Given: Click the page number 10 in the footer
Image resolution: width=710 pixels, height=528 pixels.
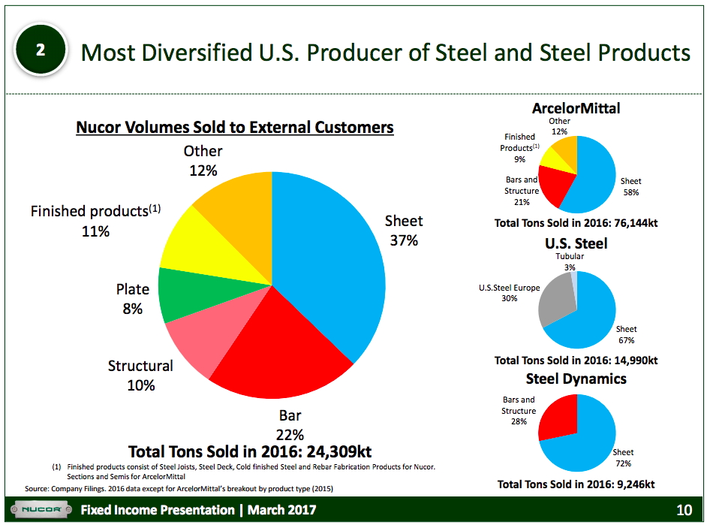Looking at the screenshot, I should click(x=684, y=511).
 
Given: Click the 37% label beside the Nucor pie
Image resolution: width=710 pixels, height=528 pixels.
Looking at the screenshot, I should click(x=404, y=241).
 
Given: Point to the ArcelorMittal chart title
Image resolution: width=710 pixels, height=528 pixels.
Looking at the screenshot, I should click(x=576, y=108).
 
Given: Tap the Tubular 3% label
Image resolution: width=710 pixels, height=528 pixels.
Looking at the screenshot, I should click(x=570, y=261).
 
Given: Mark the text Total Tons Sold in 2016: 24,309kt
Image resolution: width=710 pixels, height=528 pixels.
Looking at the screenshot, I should click(x=250, y=451).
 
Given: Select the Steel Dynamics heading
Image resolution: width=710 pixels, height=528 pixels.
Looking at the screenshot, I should click(x=576, y=379).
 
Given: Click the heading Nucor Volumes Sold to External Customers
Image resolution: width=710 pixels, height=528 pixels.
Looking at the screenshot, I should click(x=234, y=128).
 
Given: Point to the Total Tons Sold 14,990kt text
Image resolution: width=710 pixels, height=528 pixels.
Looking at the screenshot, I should click(x=576, y=361).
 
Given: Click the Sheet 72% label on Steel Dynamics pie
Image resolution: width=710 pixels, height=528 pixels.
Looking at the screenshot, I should click(x=623, y=457).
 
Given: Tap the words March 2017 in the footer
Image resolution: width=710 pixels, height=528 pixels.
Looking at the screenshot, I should click(x=282, y=511).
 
